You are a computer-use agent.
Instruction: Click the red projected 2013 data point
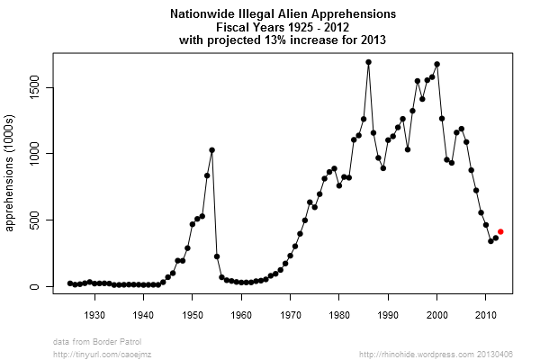point(500,231)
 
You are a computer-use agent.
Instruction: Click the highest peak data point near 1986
point(368,62)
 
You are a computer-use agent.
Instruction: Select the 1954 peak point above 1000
point(211,150)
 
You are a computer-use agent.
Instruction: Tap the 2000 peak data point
point(436,64)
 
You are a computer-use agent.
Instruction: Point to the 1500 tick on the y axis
point(52,87)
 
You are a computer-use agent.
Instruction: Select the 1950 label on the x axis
point(193,314)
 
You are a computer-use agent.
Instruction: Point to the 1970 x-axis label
point(290,314)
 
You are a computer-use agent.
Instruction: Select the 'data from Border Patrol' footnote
point(97,342)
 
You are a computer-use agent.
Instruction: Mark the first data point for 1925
point(70,283)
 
